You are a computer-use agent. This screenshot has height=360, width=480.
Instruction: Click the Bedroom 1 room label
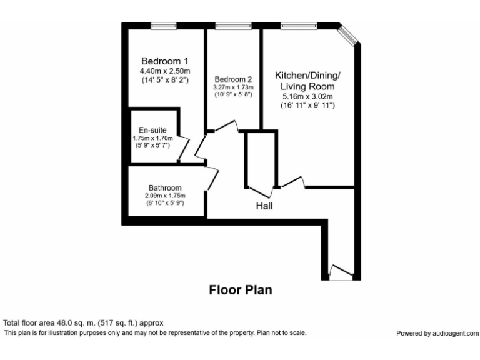164,61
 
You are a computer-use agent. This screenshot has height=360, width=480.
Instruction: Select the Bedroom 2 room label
233,79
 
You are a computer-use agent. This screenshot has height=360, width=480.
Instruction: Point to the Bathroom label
165,187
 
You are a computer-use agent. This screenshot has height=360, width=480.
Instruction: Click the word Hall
263,206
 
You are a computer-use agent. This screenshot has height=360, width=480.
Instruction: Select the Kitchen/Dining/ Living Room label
307,81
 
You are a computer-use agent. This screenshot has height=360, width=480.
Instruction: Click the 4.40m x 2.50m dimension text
164,71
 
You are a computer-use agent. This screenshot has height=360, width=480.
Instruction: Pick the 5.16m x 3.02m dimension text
307,96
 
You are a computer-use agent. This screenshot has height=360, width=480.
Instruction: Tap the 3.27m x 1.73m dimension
233,87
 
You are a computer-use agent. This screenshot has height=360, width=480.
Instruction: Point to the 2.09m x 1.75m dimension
165,196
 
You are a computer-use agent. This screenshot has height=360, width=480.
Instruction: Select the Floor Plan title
240,291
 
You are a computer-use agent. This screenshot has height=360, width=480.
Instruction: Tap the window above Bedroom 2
233,26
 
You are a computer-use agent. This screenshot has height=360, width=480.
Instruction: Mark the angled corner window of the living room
348,35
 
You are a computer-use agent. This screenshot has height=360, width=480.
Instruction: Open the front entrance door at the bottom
340,272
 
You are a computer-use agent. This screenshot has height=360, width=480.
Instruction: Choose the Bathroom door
212,179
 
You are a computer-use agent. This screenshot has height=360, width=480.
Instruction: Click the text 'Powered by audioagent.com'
437,334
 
